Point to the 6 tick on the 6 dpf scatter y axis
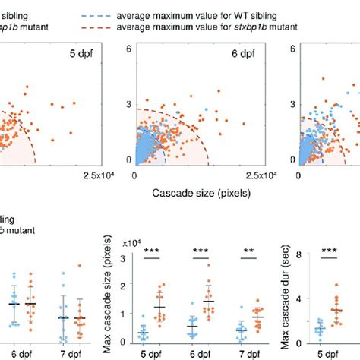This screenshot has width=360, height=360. point(128,48)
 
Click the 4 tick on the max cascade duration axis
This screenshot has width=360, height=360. point(311,298)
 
